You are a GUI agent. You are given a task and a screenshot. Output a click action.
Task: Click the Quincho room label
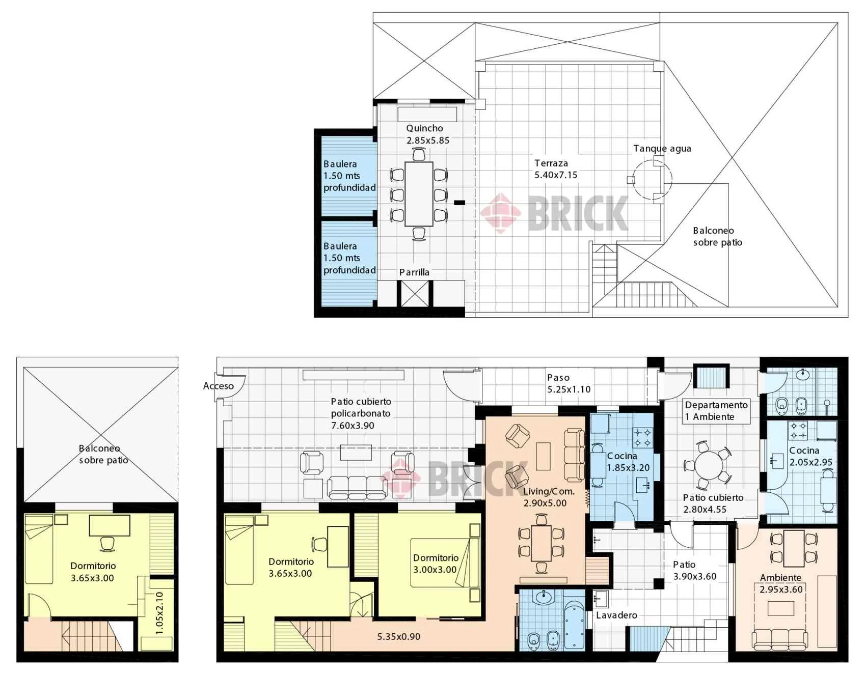[x=424, y=128]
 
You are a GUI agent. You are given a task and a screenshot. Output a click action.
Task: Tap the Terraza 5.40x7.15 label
[x=556, y=169]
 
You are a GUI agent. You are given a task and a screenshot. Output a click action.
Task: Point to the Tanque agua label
[x=662, y=149]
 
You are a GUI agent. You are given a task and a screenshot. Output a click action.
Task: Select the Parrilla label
[x=414, y=272]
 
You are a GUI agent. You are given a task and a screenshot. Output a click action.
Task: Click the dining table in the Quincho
[x=419, y=194]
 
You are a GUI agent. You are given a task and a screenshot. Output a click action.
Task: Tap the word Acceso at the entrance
[x=218, y=386]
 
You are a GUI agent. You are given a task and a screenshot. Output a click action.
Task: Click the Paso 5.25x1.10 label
[x=569, y=383]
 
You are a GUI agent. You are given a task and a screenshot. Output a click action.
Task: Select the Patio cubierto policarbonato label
[x=361, y=413]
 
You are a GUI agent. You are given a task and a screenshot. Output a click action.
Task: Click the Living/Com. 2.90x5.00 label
[x=549, y=497]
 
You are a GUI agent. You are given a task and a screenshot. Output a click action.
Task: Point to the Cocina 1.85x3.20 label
[x=628, y=462]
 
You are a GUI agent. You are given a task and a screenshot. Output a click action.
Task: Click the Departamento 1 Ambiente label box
[x=716, y=411]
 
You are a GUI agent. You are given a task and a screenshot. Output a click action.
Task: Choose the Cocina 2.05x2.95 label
[x=810, y=456]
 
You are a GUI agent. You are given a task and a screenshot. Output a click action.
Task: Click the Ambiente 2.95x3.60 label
[x=781, y=583]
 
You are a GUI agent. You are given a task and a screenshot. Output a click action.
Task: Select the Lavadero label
[x=616, y=615]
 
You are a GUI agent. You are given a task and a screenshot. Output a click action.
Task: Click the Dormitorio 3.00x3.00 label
[x=436, y=564]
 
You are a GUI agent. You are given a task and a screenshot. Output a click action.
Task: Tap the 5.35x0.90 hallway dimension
[x=399, y=636]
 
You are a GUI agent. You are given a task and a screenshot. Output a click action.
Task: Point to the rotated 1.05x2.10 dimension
[x=159, y=613]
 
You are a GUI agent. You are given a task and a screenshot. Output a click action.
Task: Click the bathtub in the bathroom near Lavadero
[x=575, y=626]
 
